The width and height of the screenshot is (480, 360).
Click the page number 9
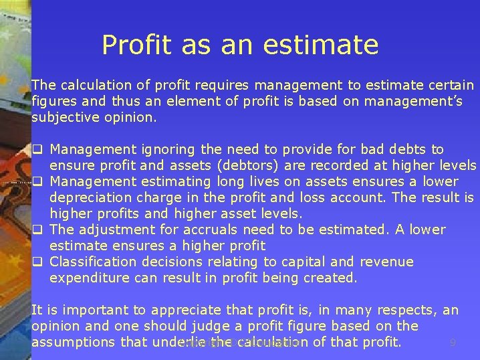[x=453, y=343]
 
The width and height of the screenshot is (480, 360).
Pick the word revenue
[x=386, y=262]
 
